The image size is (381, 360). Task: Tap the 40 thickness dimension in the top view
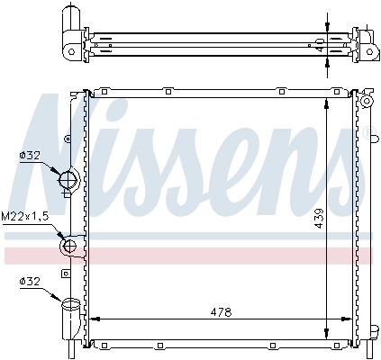click(x=319, y=43)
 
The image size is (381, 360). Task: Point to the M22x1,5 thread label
click(x=24, y=216)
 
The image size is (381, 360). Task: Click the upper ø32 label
click(x=29, y=155)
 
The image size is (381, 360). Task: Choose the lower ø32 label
click(x=29, y=282)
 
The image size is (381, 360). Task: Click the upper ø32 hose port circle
click(x=68, y=182)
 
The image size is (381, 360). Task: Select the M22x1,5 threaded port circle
click(x=68, y=245)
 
